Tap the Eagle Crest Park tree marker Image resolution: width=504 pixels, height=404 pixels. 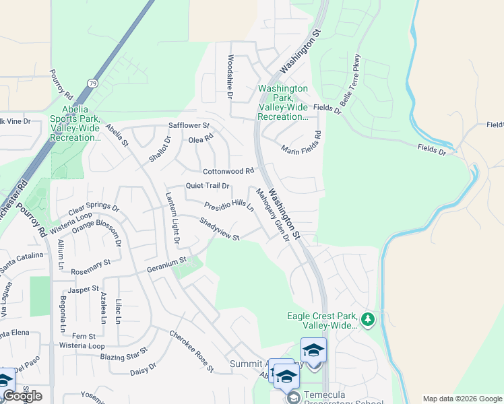pyautogui.click(x=368, y=319)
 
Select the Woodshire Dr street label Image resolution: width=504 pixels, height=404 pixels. pyautogui.click(x=230, y=77)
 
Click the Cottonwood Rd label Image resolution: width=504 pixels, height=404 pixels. pyautogui.click(x=228, y=171)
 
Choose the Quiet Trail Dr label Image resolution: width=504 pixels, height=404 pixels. pyautogui.click(x=208, y=186)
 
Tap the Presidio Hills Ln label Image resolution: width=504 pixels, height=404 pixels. pyautogui.click(x=229, y=203)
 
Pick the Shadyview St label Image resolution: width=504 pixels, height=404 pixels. pyautogui.click(x=219, y=228)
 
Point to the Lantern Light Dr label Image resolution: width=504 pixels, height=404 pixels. pyautogui.click(x=172, y=217)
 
